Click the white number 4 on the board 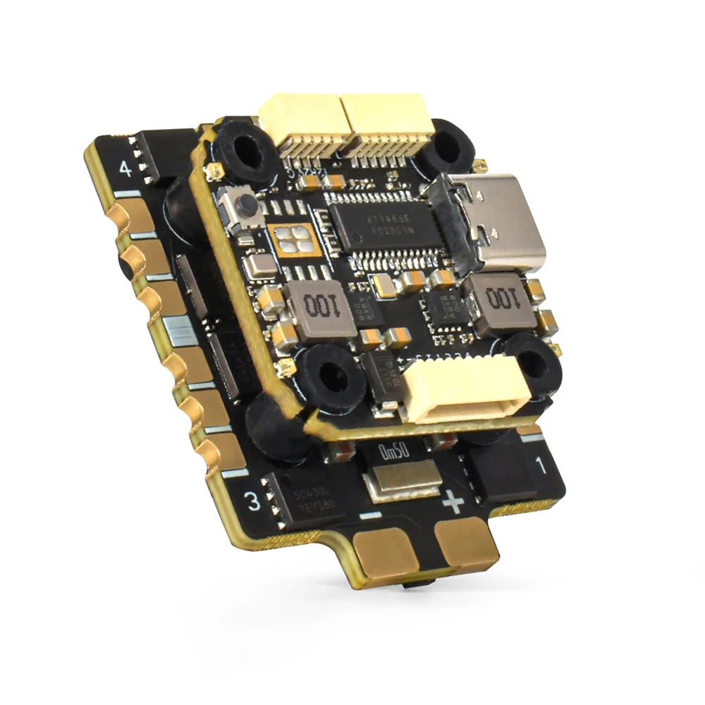click(x=125, y=169)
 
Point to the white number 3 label click(x=252, y=502)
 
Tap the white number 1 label click(x=541, y=465)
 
